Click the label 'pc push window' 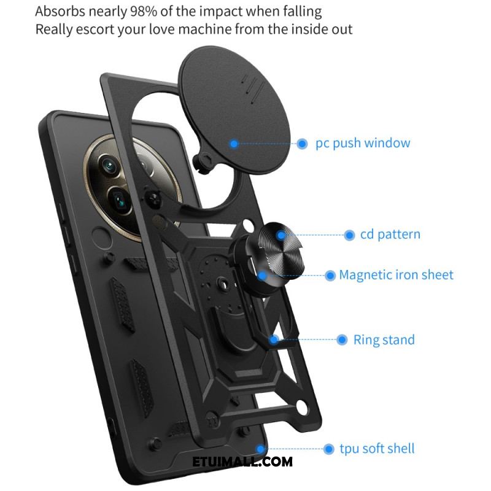(363, 144)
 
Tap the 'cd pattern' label (390, 234)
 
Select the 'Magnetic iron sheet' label (396, 275)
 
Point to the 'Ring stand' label (384, 340)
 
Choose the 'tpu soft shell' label (377, 449)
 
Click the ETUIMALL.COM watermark (242, 462)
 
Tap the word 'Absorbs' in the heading (60, 12)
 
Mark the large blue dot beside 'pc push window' (302, 144)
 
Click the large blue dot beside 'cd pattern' (349, 235)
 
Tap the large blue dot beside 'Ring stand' (342, 340)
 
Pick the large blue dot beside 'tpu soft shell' (328, 449)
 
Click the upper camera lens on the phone (110, 165)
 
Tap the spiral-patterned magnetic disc (276, 252)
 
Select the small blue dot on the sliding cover (234, 144)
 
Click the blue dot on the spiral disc (281, 235)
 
